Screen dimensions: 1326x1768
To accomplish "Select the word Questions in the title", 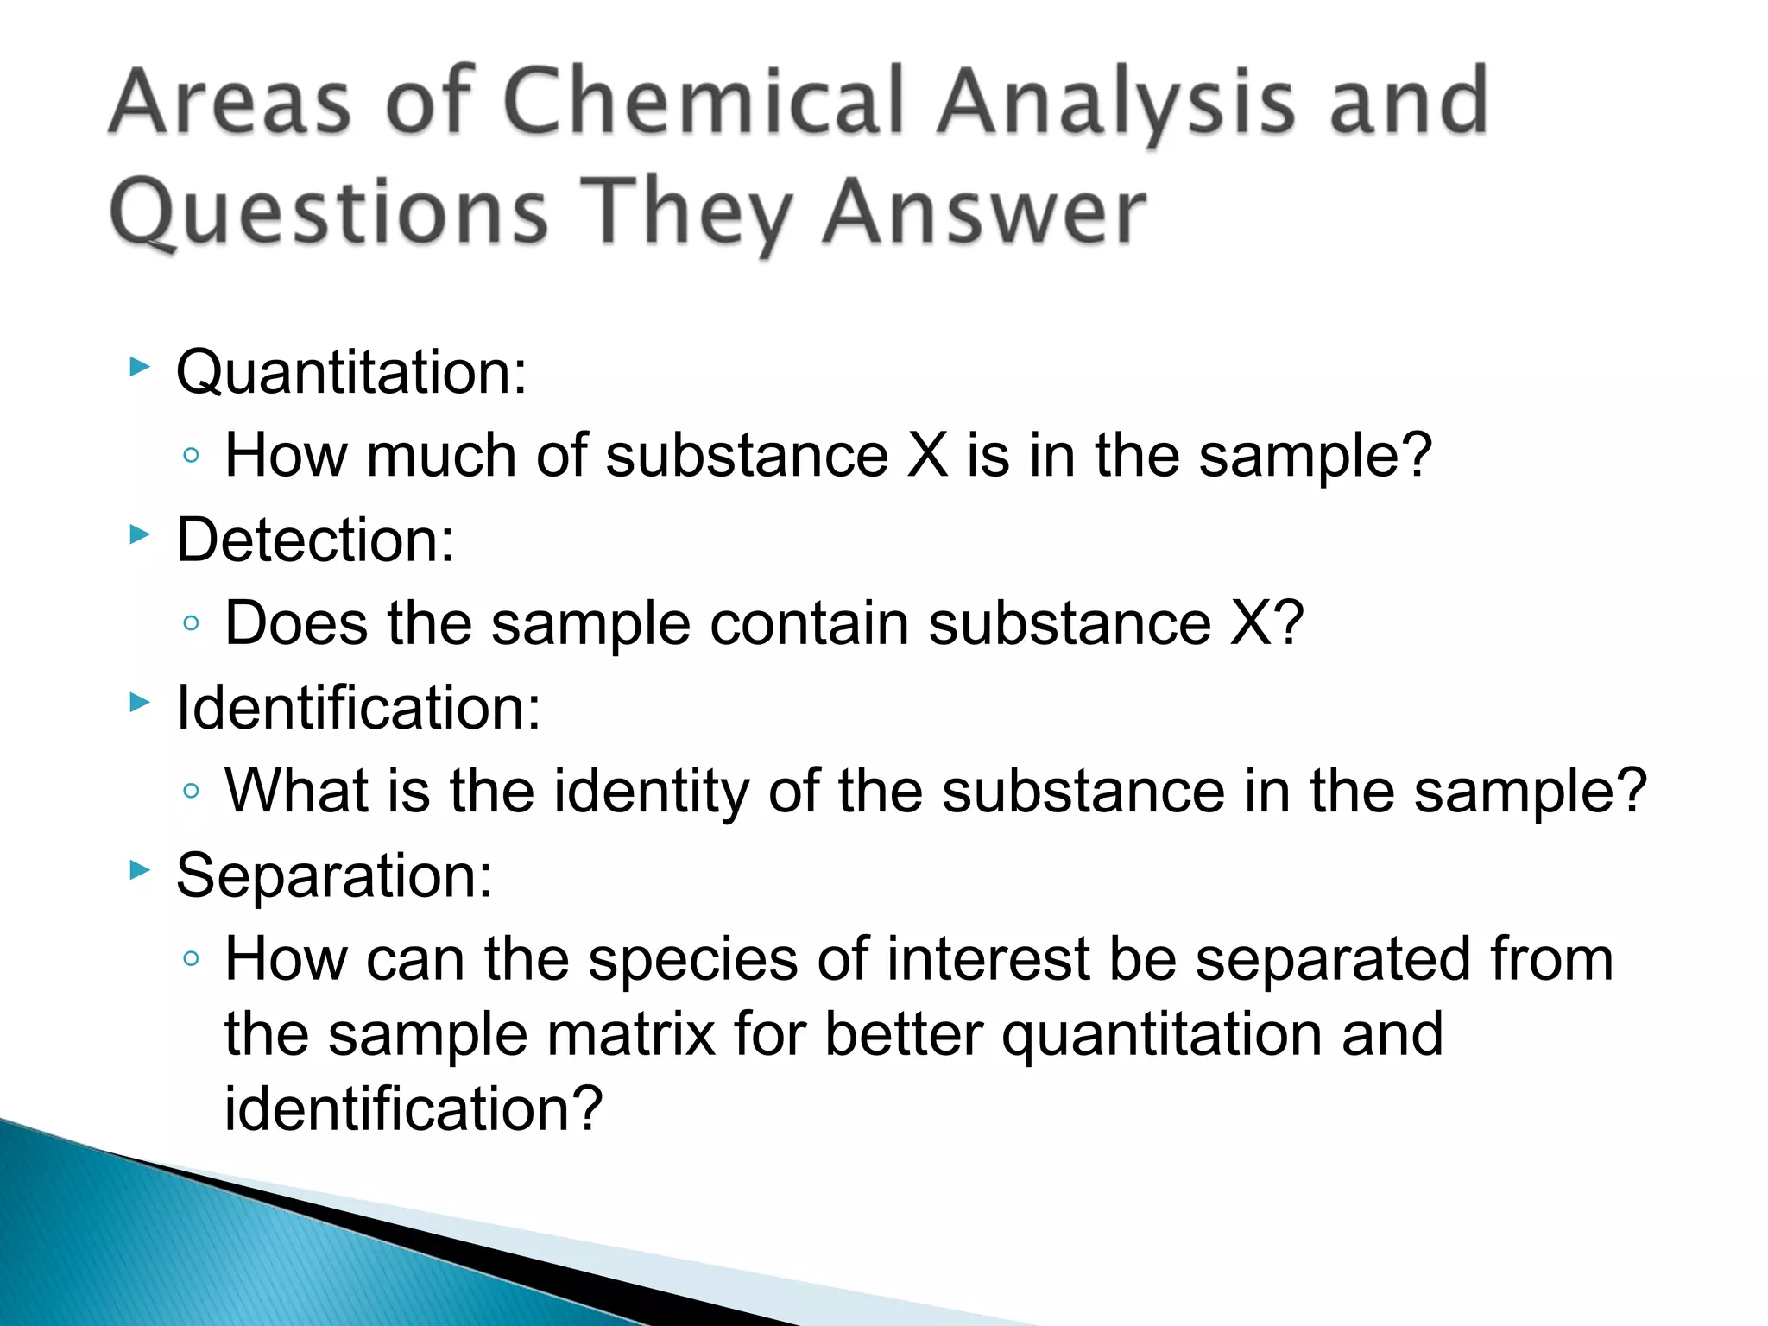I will (x=329, y=212).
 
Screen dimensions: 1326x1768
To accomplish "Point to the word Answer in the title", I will (x=984, y=212).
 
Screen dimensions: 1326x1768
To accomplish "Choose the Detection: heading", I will (x=315, y=540).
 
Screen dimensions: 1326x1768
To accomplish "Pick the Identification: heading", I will (x=358, y=707).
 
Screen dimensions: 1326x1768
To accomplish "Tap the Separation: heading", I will (x=334, y=875).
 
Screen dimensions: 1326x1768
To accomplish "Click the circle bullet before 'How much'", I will (x=192, y=455).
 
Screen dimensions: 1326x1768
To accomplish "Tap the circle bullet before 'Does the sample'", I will (x=192, y=622).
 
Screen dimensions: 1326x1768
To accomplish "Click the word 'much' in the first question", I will (x=440, y=455).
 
